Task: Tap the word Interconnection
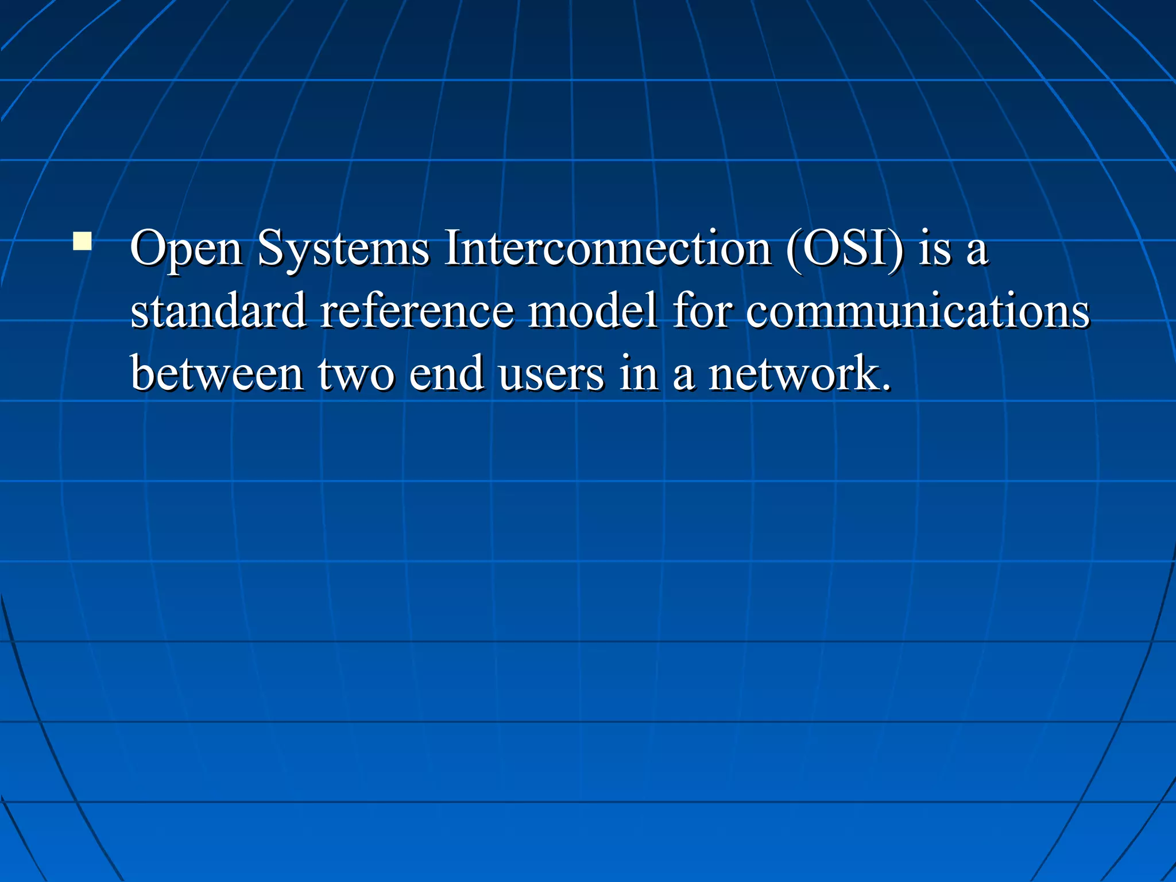click(x=608, y=248)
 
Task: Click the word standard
click(x=218, y=311)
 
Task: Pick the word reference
click(x=417, y=311)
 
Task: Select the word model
click(x=592, y=311)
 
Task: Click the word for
click(x=702, y=311)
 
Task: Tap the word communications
click(x=917, y=311)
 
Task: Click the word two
click(x=356, y=374)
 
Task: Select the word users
click(x=551, y=374)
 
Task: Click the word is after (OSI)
click(x=934, y=249)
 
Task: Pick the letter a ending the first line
click(x=977, y=253)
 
